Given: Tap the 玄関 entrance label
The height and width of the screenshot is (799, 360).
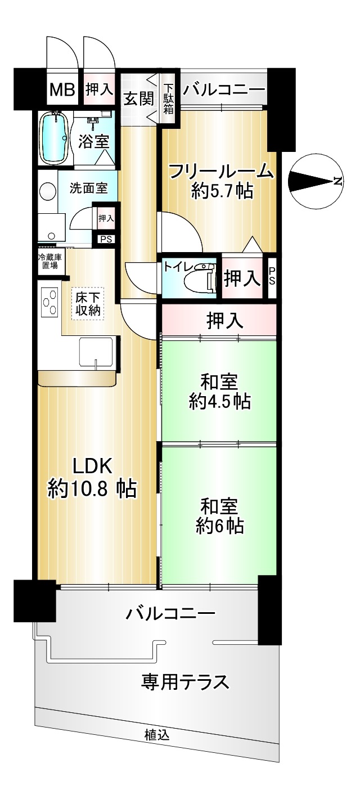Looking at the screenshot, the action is (138, 98).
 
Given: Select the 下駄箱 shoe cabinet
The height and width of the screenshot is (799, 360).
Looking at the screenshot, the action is (168, 98).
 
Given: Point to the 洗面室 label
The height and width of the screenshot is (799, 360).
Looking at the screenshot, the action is (88, 188).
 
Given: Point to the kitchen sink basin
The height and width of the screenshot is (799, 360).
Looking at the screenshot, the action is (96, 352).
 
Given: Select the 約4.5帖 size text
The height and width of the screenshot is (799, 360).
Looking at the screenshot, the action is (219, 402).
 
